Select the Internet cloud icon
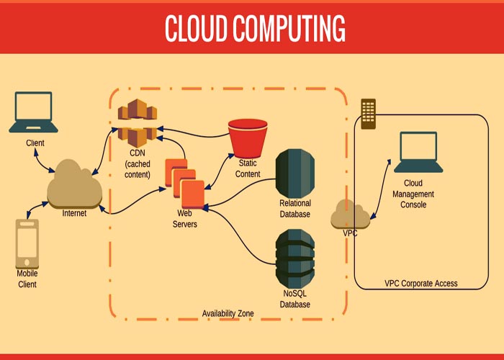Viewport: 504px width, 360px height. (x=73, y=184)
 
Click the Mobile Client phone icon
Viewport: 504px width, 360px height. (x=27, y=243)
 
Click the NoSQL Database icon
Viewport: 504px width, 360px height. (x=295, y=258)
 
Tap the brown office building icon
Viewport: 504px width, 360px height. (x=368, y=114)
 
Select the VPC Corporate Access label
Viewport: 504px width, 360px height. (x=420, y=284)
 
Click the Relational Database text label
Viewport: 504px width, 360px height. (x=295, y=209)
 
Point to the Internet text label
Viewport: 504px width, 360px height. (x=74, y=214)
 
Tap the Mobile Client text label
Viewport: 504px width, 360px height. (x=27, y=279)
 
